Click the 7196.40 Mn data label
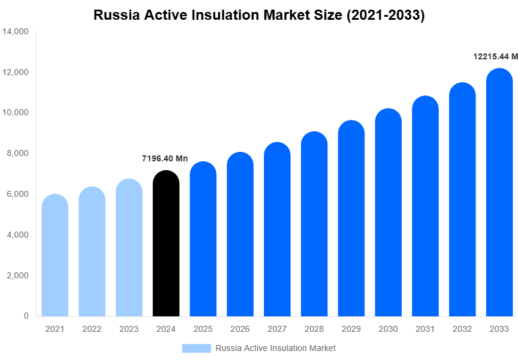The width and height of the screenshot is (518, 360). point(165,159)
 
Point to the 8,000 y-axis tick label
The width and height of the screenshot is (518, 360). point(18,154)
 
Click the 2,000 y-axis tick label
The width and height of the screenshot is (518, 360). point(18,275)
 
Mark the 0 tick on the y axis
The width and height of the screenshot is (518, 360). point(26,316)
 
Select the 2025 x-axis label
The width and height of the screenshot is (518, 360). point(203,329)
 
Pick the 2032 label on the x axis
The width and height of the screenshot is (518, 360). point(462,329)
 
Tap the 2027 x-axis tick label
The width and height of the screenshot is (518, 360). point(277,329)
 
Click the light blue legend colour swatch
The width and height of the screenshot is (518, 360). point(197,348)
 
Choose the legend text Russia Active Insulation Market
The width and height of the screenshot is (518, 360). point(275,348)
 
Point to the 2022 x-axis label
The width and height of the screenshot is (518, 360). point(92,329)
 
